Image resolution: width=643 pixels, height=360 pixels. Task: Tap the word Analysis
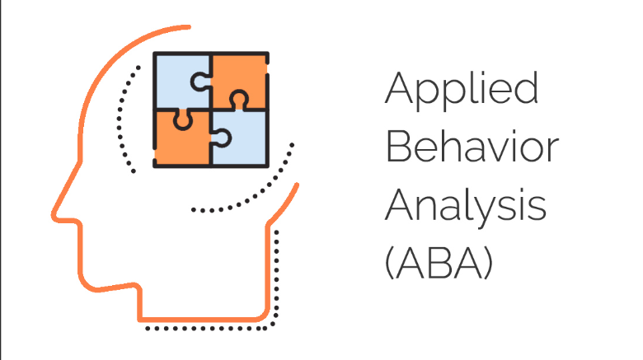(x=466, y=206)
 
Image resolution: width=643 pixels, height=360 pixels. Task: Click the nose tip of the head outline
(x=54, y=213)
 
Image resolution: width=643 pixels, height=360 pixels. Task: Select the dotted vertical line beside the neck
(x=278, y=272)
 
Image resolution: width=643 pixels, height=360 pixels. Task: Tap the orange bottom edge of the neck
(x=202, y=318)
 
